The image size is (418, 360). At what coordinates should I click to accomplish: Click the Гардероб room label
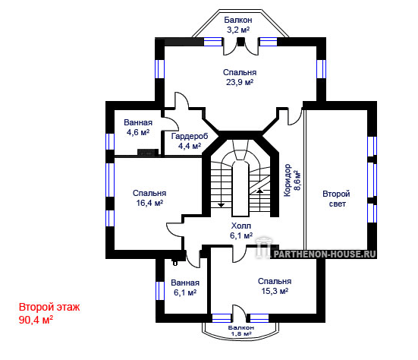(x=190, y=136)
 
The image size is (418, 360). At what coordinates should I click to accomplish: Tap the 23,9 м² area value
(x=240, y=82)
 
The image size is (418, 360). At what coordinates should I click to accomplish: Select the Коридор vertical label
(x=287, y=180)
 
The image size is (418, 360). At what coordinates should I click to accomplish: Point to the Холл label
(x=241, y=226)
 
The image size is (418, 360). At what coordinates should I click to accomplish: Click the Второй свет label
(x=336, y=198)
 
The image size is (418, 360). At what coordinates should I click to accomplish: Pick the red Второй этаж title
(x=49, y=307)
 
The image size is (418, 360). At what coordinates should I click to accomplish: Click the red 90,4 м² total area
(x=36, y=320)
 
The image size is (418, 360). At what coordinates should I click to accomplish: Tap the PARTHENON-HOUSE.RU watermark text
(x=325, y=254)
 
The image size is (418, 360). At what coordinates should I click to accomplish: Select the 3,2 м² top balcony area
(x=238, y=30)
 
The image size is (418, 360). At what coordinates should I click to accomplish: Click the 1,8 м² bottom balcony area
(x=240, y=333)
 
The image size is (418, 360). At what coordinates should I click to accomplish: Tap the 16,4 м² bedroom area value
(x=149, y=203)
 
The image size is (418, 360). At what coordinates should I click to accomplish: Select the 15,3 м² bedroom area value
(x=275, y=291)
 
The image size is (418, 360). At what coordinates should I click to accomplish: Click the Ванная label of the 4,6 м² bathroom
(x=138, y=122)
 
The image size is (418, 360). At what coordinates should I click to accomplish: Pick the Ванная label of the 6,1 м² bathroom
(x=185, y=283)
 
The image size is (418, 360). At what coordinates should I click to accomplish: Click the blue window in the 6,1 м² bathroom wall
(x=160, y=291)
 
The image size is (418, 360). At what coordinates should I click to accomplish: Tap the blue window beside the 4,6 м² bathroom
(x=110, y=141)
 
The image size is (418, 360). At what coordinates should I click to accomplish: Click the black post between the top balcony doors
(x=241, y=42)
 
